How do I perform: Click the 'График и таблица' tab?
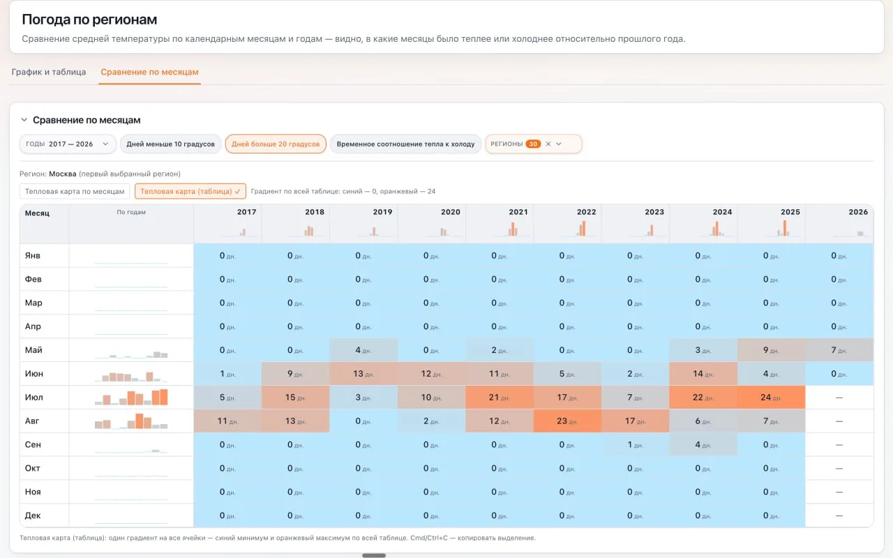tap(49, 72)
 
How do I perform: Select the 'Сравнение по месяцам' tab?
tap(149, 72)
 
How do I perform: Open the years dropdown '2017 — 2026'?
tap(68, 144)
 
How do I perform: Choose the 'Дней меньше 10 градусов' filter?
tap(171, 144)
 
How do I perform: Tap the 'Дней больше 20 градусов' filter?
tap(276, 144)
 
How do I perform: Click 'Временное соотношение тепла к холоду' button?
tap(405, 144)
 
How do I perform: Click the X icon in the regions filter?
tap(548, 144)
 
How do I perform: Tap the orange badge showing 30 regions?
tap(533, 144)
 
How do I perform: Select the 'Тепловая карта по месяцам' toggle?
tap(75, 191)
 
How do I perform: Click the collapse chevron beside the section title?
tap(24, 119)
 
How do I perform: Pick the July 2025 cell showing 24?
tap(771, 398)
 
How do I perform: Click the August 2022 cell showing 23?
tap(567, 421)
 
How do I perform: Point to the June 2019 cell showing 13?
tap(363, 374)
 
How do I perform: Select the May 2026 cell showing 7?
tap(839, 350)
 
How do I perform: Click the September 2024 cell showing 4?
tap(703, 444)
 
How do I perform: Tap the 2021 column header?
tap(518, 212)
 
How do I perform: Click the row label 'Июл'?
tap(34, 398)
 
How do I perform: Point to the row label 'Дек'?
tap(33, 515)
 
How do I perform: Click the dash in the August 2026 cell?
tap(839, 421)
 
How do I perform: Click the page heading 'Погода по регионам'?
tap(89, 19)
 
